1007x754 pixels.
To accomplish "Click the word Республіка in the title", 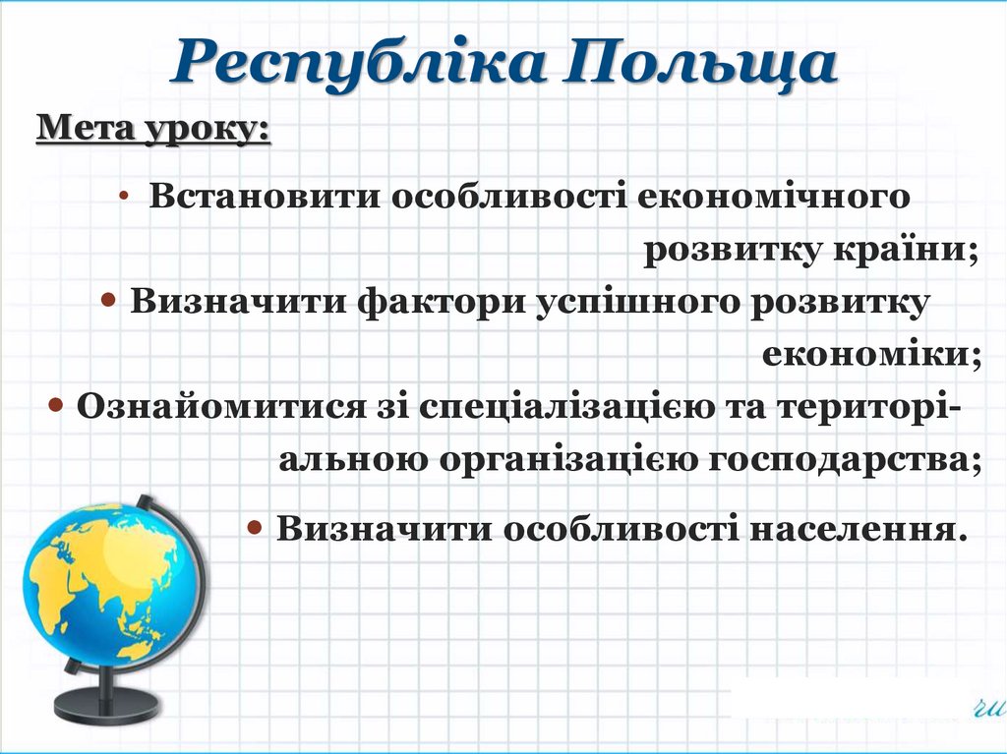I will [x=358, y=64].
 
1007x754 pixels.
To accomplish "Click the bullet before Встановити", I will [x=125, y=196].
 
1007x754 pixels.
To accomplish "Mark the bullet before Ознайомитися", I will [x=56, y=405].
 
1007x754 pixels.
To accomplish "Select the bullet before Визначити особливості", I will [x=254, y=528].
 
